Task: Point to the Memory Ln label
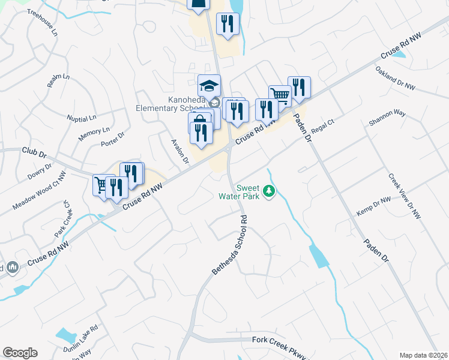pos(94,134)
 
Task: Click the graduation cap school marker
pos(209,85)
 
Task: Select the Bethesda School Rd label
pos(229,245)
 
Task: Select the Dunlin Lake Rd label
pos(80,340)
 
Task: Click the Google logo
pos(20,353)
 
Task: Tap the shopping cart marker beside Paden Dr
pos(280,95)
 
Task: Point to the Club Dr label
pos(34,153)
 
